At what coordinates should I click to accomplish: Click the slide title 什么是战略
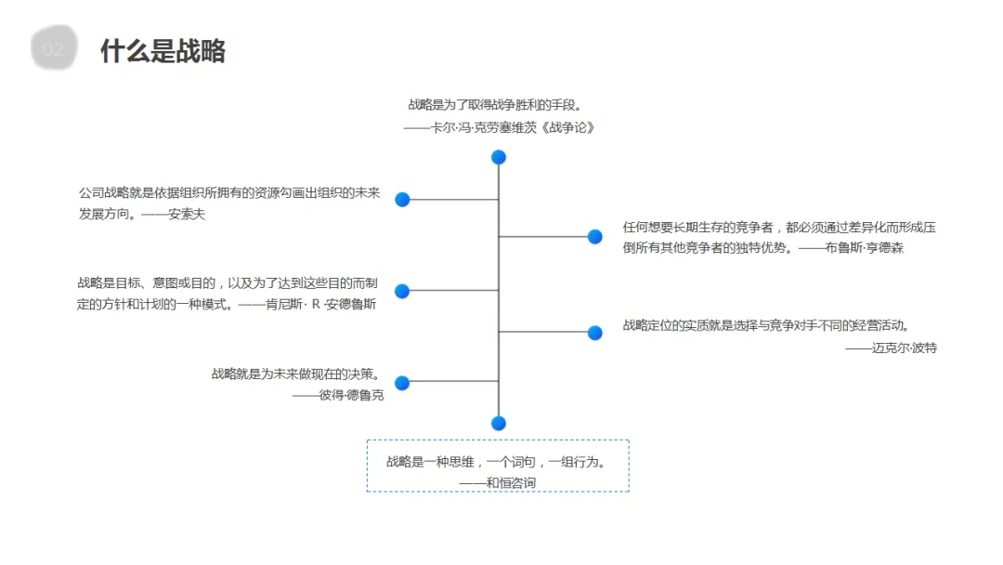(x=163, y=51)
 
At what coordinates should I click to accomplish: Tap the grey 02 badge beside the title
(x=54, y=49)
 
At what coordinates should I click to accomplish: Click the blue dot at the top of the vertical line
(x=499, y=157)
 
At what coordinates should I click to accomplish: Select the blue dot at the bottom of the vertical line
(x=499, y=423)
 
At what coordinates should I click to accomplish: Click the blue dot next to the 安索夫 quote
(x=402, y=199)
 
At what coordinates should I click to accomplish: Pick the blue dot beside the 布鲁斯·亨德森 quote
(x=595, y=237)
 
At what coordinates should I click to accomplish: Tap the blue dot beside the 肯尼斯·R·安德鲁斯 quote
(x=402, y=291)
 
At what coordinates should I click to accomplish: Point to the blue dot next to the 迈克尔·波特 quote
(x=595, y=333)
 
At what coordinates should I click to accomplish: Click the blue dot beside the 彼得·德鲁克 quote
(x=402, y=383)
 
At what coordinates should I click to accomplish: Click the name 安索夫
(x=187, y=215)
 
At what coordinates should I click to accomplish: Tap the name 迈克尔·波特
(x=904, y=348)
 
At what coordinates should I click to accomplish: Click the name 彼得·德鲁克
(x=351, y=395)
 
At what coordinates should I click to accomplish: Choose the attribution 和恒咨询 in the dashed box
(x=511, y=482)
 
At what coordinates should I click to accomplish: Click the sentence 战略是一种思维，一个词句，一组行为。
(x=497, y=461)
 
